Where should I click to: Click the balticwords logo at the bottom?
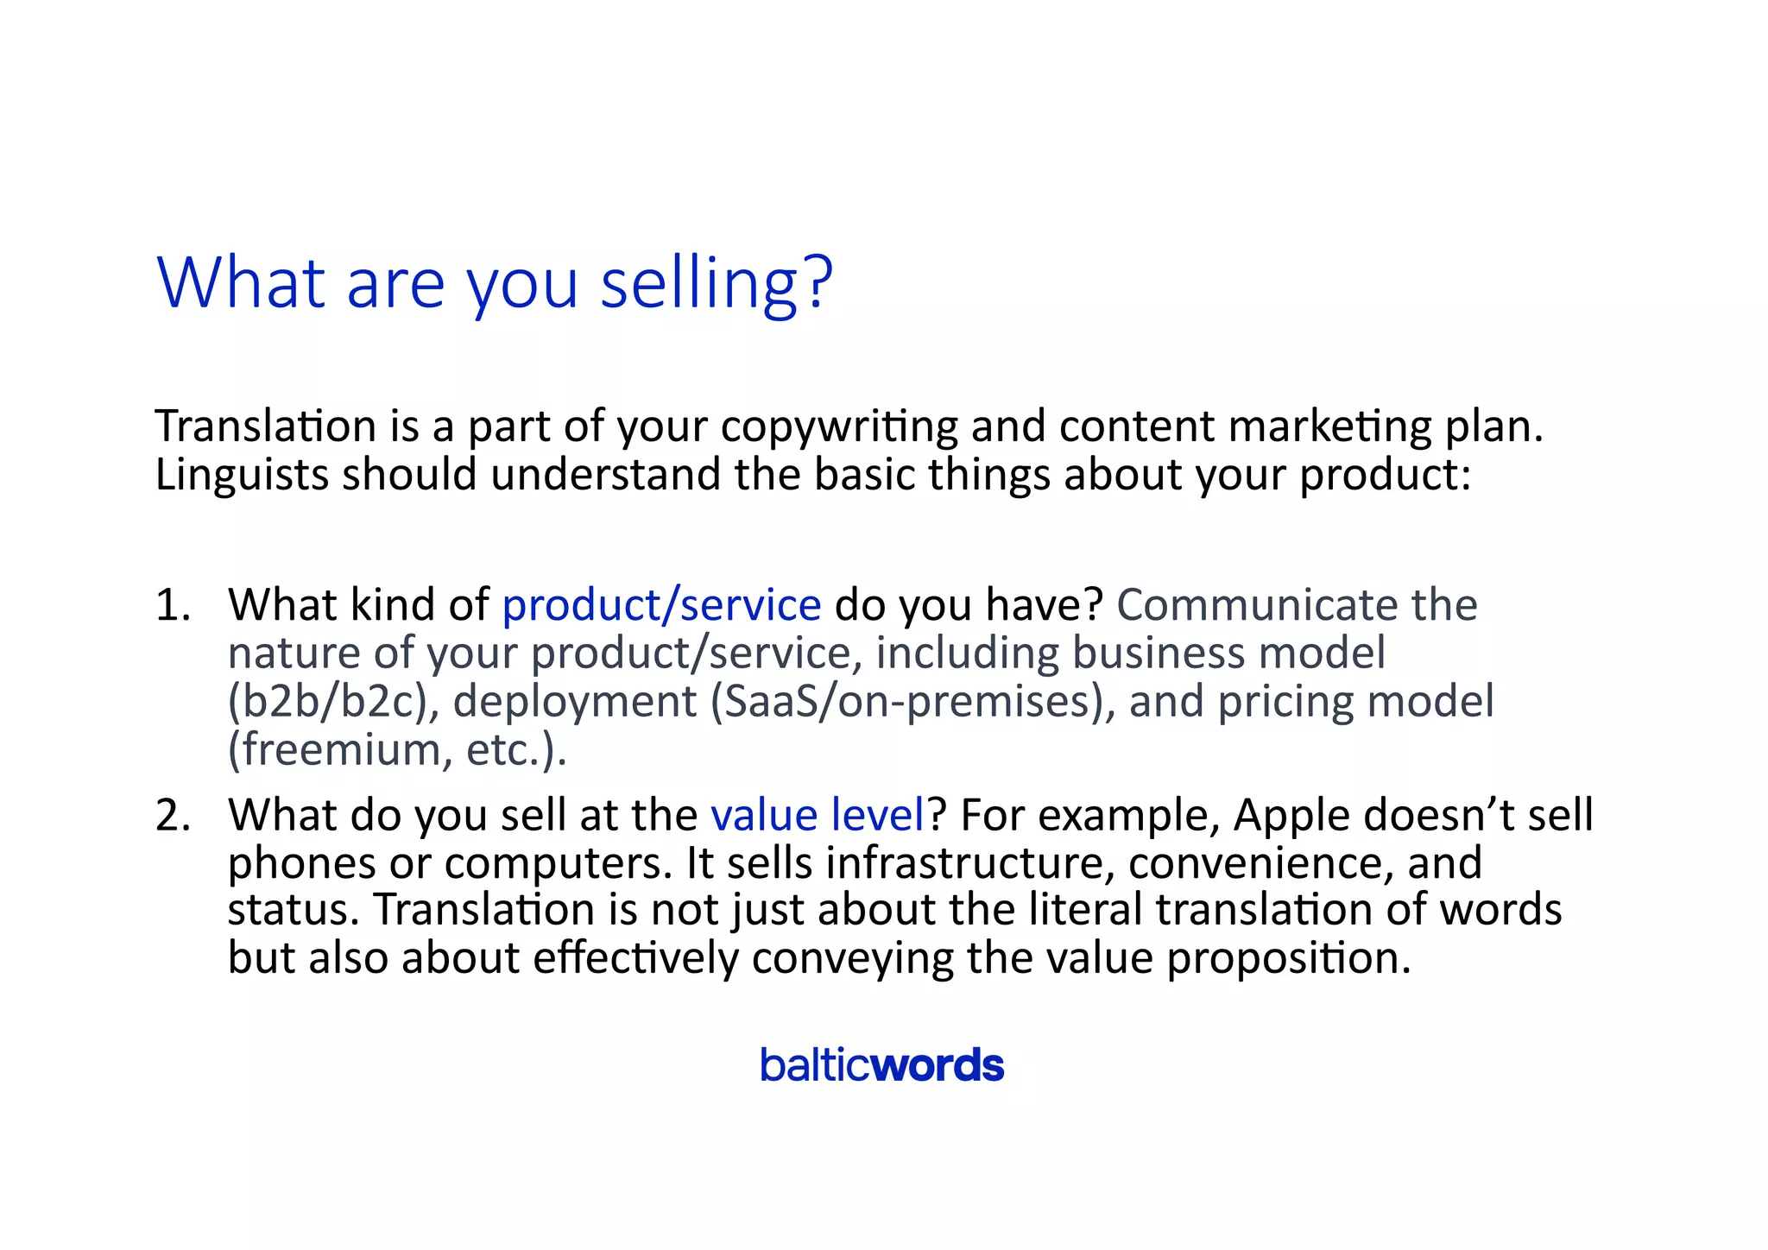tap(881, 1065)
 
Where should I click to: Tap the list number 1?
tap(173, 604)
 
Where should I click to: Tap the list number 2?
tap(173, 815)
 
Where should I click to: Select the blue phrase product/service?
tap(661, 604)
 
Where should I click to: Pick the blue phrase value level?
tap(817, 815)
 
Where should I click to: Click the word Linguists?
tap(242, 475)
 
